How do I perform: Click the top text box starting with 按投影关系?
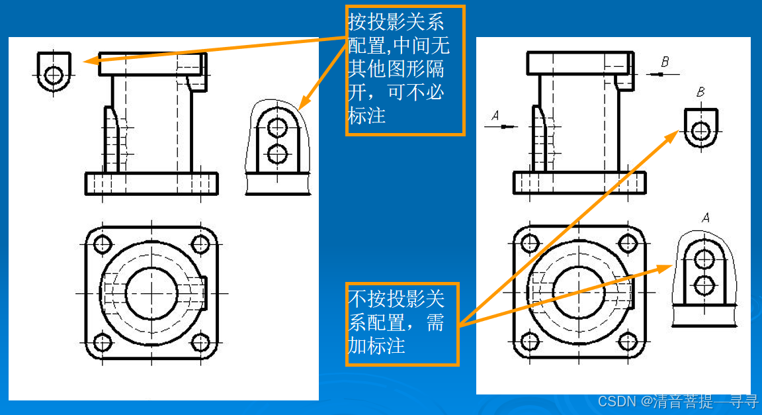[405, 69]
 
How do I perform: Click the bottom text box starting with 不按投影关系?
[402, 323]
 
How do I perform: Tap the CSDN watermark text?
[677, 401]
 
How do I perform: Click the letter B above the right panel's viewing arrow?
[665, 62]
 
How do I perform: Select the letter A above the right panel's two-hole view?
[705, 217]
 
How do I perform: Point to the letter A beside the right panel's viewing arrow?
[495, 116]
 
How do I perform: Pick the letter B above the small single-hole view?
[700, 93]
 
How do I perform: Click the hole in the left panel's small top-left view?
[54, 74]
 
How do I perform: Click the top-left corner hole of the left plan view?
[102, 244]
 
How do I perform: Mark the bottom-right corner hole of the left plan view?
[200, 342]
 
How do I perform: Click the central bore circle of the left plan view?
[151, 293]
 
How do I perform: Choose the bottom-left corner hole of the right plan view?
[529, 341]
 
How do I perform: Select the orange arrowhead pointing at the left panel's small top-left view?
[91, 61]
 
